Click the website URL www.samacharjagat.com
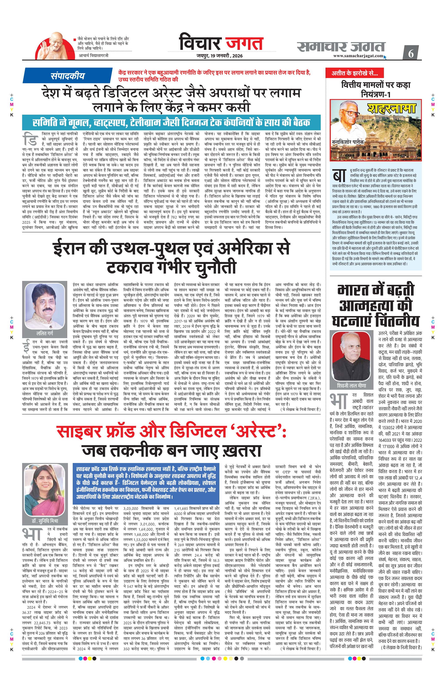point(358,56)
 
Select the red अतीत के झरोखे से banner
point(354,73)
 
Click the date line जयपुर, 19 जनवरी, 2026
point(220,56)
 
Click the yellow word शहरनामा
point(391,108)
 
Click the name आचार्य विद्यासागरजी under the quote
point(94,55)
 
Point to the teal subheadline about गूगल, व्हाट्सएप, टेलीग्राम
point(171,122)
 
